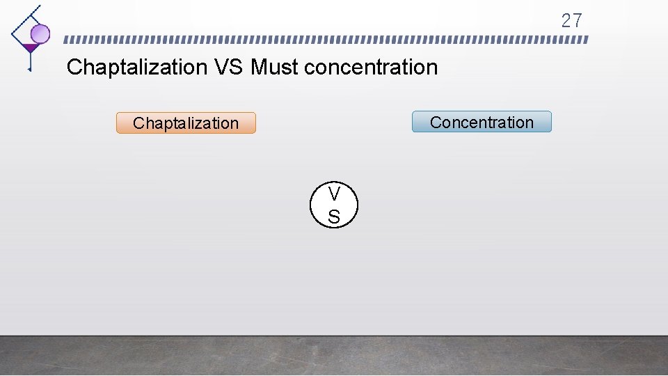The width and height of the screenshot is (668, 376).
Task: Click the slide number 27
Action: point(571,21)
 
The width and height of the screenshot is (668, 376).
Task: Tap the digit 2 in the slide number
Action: point(566,21)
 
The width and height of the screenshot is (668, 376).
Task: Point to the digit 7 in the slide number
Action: point(577,21)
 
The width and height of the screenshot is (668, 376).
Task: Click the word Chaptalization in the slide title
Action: point(137,68)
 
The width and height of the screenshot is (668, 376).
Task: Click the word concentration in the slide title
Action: point(371,68)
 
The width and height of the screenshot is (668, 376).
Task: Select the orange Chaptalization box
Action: point(186,123)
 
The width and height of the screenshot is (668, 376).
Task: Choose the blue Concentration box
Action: point(482,122)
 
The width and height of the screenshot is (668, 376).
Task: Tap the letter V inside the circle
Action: point(334,194)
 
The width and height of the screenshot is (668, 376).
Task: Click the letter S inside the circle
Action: point(334,217)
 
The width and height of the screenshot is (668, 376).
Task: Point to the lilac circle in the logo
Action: point(40,33)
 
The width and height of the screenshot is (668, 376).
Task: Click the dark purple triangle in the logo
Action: point(30,48)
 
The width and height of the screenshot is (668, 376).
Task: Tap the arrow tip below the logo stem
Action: point(29,70)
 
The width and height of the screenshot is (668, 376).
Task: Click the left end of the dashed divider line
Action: point(66,40)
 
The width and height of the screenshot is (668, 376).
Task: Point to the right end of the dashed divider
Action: point(586,40)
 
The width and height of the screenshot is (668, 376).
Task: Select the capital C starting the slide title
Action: point(74,68)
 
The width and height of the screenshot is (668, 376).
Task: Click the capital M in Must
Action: point(257,68)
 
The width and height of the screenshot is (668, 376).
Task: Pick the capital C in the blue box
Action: point(436,123)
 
